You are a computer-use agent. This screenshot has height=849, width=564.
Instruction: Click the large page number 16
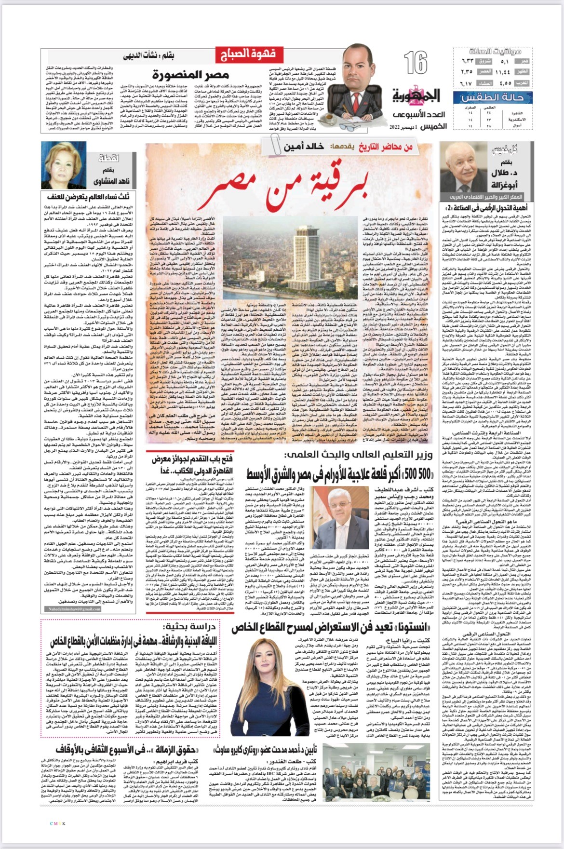point(416,63)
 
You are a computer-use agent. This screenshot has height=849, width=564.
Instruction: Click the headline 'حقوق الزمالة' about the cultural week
point(166,750)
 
